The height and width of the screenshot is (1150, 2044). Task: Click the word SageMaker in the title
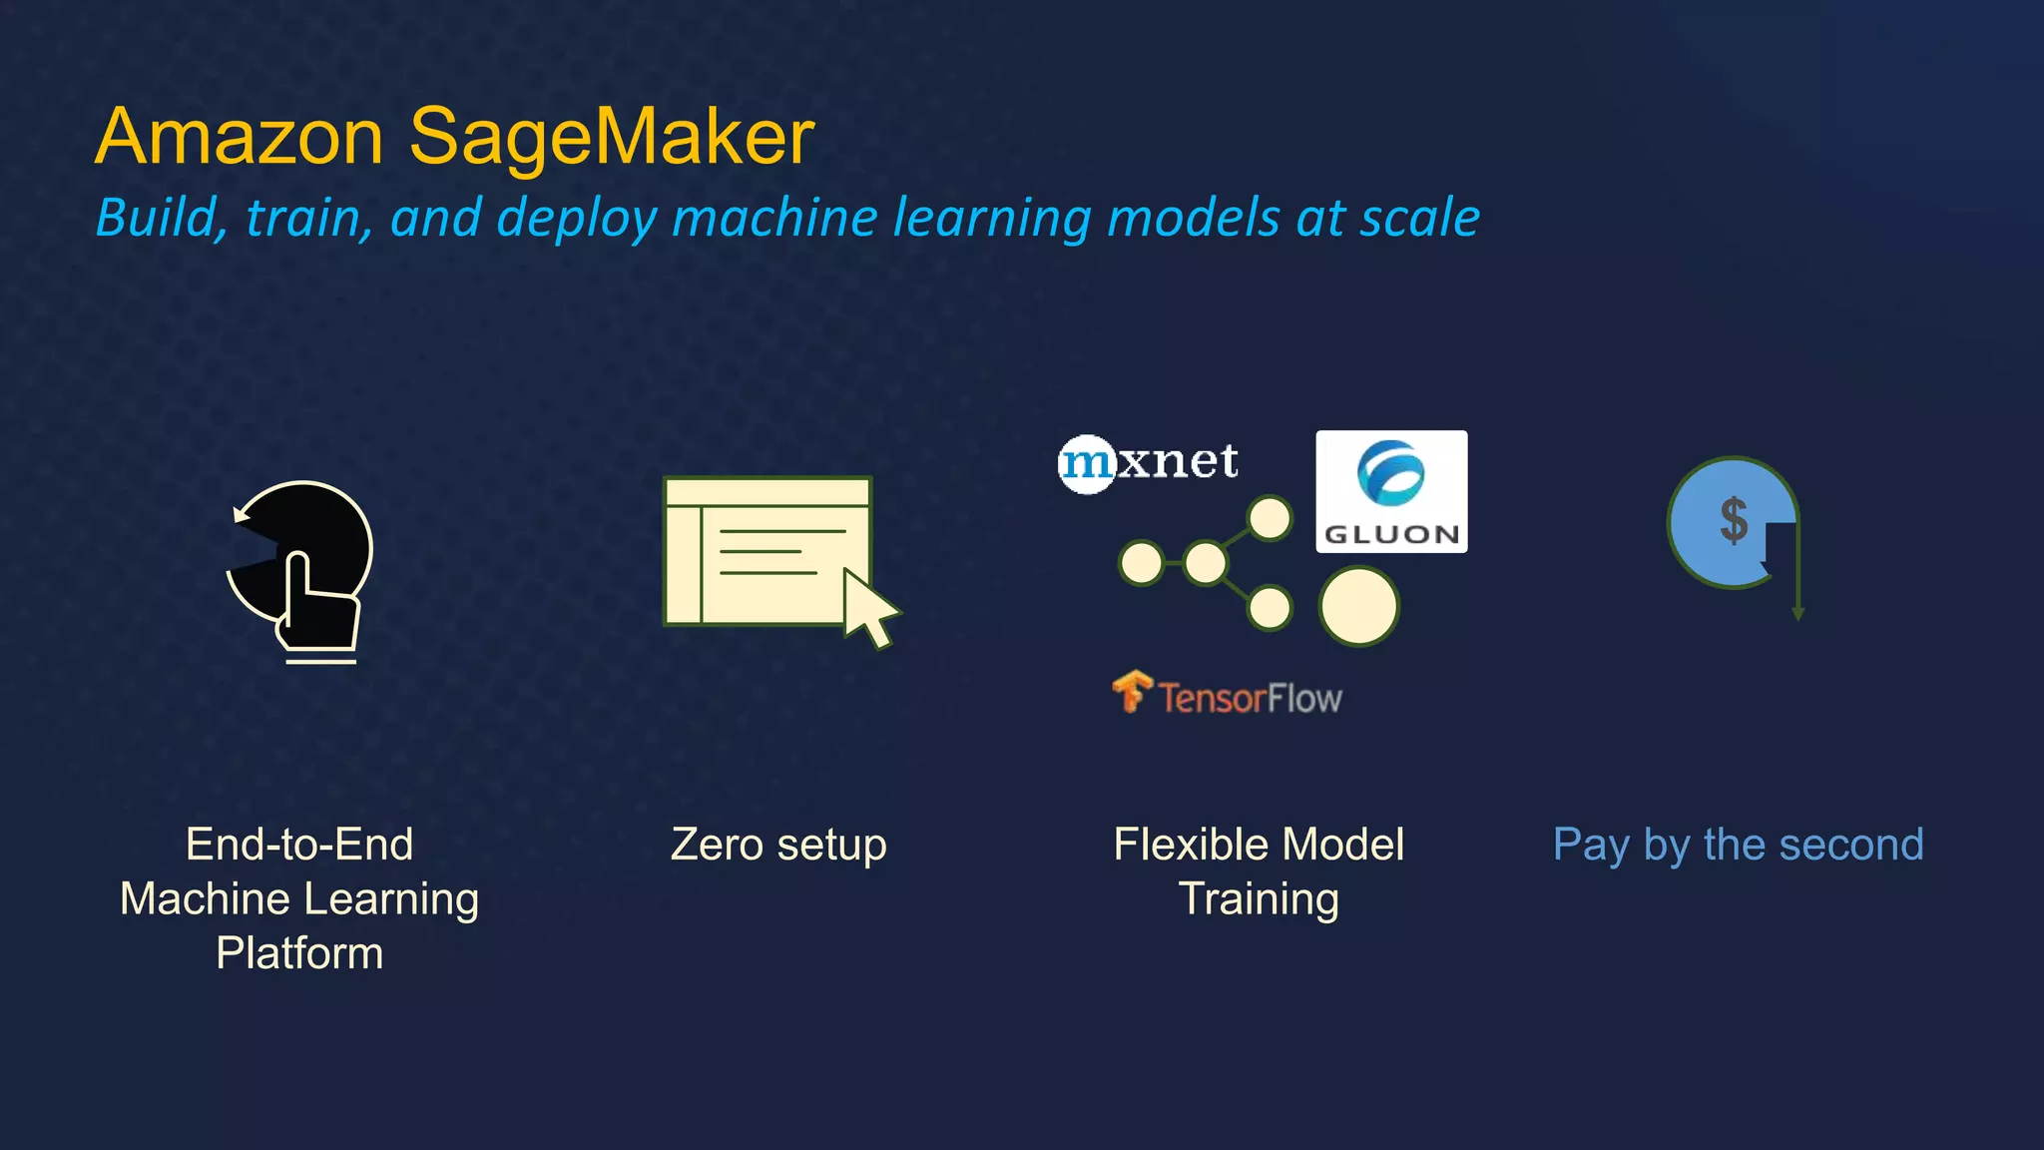coord(611,138)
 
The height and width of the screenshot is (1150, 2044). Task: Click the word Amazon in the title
coord(240,138)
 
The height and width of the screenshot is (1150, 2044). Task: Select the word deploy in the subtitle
coord(577,218)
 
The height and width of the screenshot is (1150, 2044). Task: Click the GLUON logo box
coord(1391,491)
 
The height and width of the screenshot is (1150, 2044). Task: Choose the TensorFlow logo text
coord(1250,698)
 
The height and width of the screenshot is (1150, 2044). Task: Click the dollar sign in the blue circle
coord(1734,520)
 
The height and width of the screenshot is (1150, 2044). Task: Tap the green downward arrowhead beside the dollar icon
coord(1797,613)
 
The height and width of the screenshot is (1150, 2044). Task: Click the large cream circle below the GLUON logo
coord(1358,606)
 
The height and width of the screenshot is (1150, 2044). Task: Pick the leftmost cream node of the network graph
coord(1141,563)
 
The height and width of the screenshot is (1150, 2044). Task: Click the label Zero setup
coord(778,845)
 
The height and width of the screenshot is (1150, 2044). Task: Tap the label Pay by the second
coord(1738,845)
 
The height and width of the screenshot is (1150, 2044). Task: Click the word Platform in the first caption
coord(299,953)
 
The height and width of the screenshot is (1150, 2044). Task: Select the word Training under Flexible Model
coord(1259,898)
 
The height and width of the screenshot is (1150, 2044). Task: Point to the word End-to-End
coord(299,845)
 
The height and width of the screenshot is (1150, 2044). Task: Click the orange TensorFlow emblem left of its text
coord(1132,691)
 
